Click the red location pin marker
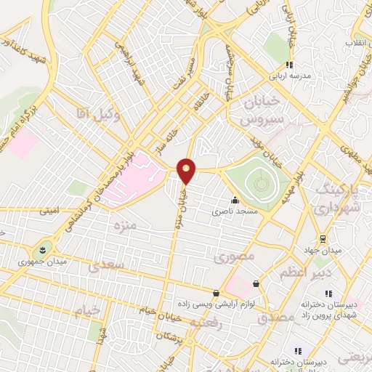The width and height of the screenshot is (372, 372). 187,171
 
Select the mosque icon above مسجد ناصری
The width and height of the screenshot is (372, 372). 234,201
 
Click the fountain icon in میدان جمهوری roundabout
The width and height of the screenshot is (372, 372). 46,249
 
